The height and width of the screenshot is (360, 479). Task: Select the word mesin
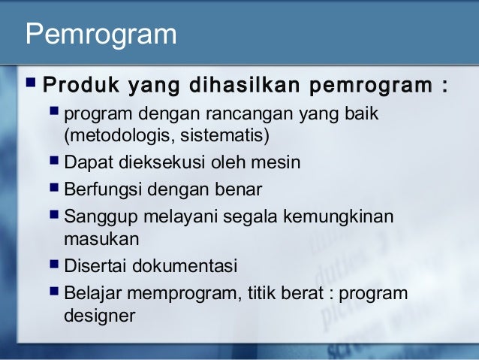click(279, 162)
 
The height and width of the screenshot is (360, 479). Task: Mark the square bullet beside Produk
click(32, 80)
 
